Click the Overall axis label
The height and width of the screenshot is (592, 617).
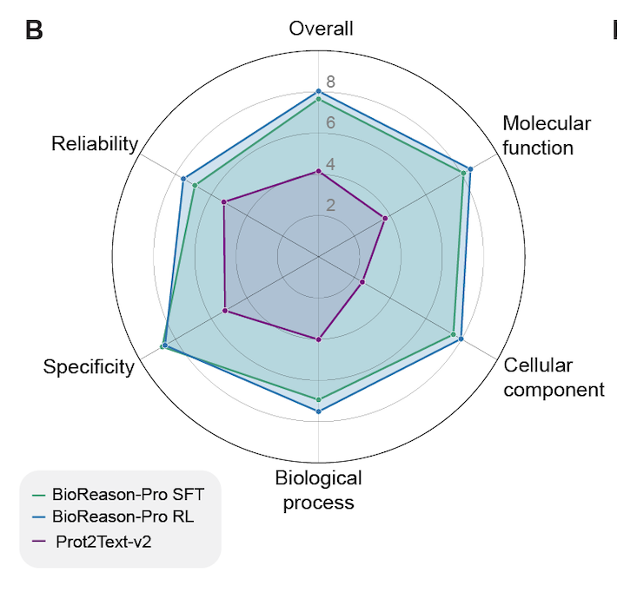click(x=321, y=29)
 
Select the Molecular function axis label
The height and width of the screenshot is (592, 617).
click(x=546, y=135)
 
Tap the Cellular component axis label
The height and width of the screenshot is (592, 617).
click(x=554, y=377)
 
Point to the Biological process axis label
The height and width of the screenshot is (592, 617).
click(x=318, y=490)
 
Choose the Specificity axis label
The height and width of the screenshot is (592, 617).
click(x=89, y=367)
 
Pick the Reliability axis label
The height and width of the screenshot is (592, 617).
click(x=95, y=144)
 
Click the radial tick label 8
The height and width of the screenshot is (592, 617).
click(x=330, y=82)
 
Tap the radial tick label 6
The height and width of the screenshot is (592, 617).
click(x=330, y=123)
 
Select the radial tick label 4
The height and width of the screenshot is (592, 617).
click(x=330, y=164)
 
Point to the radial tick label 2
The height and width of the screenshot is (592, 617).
click(x=330, y=206)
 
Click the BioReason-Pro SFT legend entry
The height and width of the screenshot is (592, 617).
click(x=127, y=496)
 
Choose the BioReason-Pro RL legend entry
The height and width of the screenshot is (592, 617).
click(x=123, y=517)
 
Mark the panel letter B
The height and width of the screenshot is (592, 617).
click(x=34, y=30)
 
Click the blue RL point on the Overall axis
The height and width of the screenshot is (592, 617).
click(x=319, y=91)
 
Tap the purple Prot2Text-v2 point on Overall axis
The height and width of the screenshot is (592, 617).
click(x=319, y=172)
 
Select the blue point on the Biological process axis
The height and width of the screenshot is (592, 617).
click(x=319, y=411)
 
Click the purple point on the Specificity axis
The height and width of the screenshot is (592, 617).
click(x=226, y=311)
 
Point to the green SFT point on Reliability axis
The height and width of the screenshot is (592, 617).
click(x=195, y=185)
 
